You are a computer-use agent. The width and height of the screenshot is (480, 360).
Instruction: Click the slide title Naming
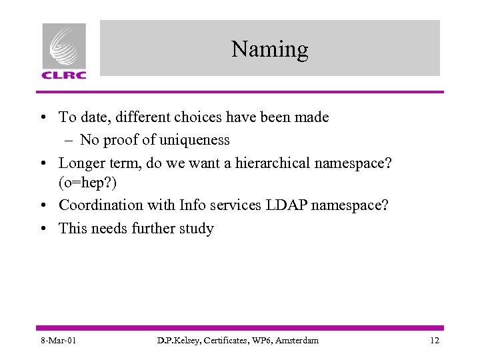[270, 49]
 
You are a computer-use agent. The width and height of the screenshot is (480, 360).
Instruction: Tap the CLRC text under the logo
[64, 75]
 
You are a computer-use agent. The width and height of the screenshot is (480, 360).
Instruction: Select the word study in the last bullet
[195, 228]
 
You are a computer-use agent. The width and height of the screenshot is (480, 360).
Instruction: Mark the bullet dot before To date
[43, 118]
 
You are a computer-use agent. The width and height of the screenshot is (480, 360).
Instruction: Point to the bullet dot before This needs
[43, 229]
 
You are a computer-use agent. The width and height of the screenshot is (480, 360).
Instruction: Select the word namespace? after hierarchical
[363, 162]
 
